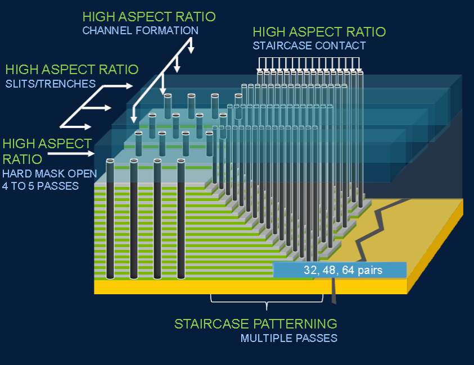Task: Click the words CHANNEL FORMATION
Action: pos(140,30)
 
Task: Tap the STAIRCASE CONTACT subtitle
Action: pos(309,45)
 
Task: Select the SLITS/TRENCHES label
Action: pos(51,84)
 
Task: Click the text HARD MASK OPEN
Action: pos(49,174)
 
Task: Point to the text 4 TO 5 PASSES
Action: pos(40,186)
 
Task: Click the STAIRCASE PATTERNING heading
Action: pos(256,324)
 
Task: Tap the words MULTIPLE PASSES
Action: pos(289,338)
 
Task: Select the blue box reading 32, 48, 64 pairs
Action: pos(340,270)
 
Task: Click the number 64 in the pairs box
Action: pos(348,270)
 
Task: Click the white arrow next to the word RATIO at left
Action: pos(71,154)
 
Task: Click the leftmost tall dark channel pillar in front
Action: pos(110,218)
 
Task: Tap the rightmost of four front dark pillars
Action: pos(181,218)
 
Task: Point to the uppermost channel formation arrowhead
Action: pos(191,49)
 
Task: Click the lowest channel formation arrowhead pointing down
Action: pos(134,118)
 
